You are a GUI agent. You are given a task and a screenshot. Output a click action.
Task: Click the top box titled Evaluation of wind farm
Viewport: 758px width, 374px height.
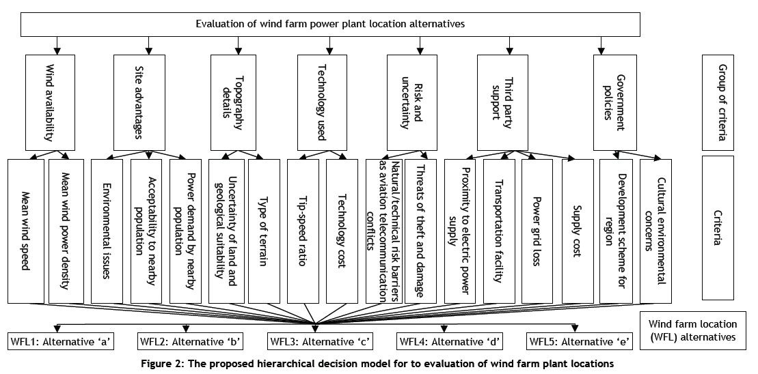330,24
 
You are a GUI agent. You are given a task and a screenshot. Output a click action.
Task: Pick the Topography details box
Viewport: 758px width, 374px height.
238,102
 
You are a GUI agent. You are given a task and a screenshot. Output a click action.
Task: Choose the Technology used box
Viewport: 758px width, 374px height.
327,102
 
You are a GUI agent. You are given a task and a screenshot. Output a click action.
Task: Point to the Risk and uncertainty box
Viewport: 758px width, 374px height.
417,102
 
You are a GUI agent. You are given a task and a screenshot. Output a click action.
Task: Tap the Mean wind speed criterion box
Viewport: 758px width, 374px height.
26,231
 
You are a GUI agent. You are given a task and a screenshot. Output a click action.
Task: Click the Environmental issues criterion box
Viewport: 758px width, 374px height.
107,231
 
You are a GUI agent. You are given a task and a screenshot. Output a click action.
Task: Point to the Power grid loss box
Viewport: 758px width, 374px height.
537,231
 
